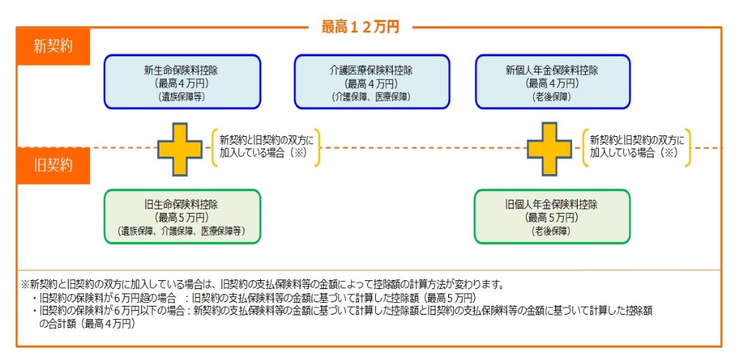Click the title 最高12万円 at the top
tap(360, 27)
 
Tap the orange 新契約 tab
tap(53, 47)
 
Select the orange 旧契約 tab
tap(53, 165)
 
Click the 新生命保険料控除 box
tap(182, 82)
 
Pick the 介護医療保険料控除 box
tap(371, 82)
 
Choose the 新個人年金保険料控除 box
tap(553, 82)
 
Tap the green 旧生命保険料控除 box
tap(182, 217)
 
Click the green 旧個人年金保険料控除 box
tap(553, 217)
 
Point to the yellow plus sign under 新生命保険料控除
tap(180, 149)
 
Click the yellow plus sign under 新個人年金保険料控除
tap(549, 149)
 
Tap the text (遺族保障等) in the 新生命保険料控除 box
tap(181, 97)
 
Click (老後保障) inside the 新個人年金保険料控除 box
tap(552, 97)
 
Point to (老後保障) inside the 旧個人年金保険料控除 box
tap(552, 231)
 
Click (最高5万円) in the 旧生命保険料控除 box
tap(181, 218)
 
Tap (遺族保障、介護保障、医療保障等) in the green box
tap(181, 231)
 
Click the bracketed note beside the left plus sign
tap(266, 146)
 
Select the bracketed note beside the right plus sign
tap(636, 146)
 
